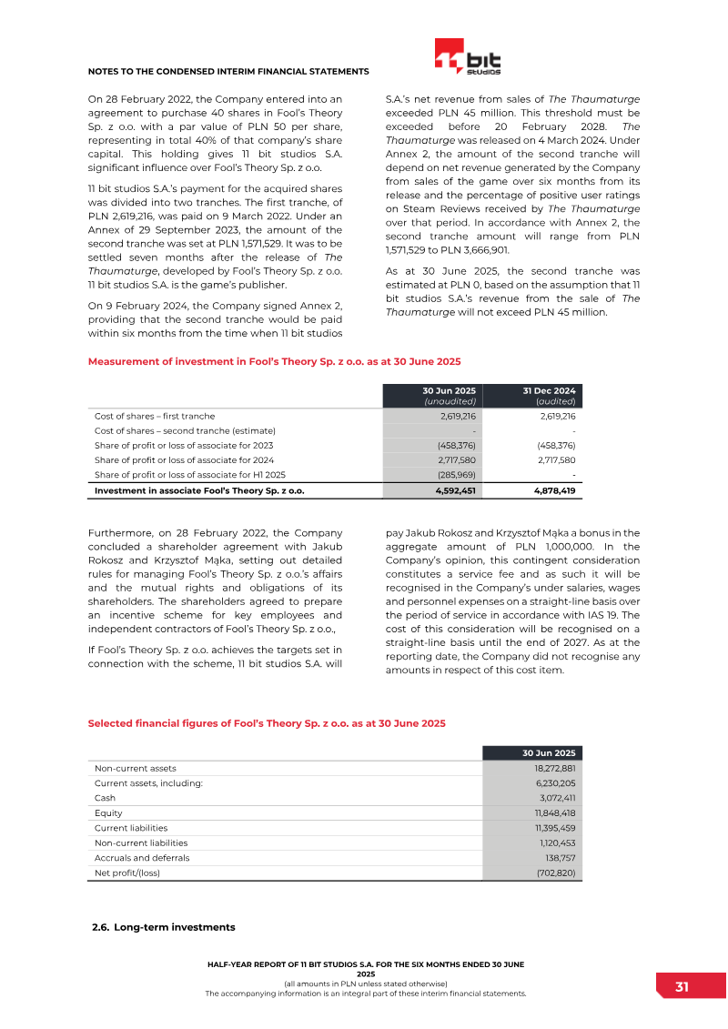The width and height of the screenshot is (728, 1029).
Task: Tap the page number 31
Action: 682,987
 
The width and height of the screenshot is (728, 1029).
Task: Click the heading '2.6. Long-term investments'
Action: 164,927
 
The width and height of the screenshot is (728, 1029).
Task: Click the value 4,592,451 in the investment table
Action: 454,490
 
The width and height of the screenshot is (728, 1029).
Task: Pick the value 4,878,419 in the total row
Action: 554,490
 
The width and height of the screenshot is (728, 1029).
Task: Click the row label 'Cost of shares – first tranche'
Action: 155,416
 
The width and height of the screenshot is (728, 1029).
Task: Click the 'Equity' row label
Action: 108,813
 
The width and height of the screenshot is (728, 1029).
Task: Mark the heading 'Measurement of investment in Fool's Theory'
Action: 274,361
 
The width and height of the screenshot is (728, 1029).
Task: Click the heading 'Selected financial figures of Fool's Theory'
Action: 267,723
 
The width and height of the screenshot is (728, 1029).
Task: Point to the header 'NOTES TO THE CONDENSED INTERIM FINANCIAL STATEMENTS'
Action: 227,71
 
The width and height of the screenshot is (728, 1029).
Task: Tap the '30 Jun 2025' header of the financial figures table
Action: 549,753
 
